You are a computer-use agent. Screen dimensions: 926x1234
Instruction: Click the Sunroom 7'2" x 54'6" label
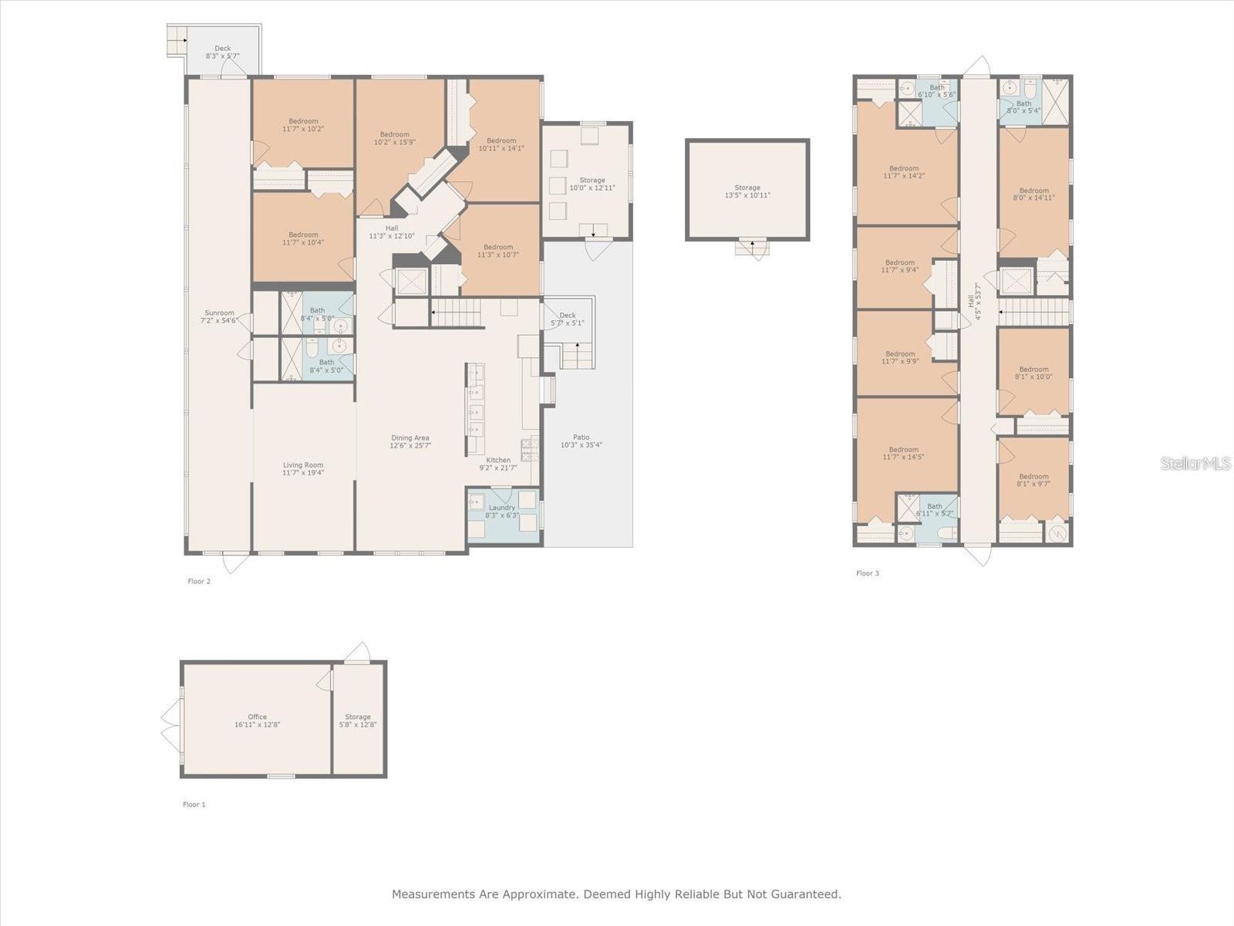click(x=219, y=316)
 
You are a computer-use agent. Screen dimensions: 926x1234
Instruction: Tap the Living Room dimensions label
click(x=303, y=468)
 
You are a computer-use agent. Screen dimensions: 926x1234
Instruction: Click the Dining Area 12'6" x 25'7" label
click(x=410, y=441)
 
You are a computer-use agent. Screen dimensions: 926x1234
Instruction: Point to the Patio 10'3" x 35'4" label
click(x=581, y=441)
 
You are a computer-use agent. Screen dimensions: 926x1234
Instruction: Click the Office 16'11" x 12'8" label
click(x=257, y=721)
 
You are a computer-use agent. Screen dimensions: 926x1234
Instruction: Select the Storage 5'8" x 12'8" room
click(x=358, y=721)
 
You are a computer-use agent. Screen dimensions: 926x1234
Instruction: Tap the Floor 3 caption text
click(x=867, y=573)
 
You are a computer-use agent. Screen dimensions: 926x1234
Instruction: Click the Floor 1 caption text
click(x=194, y=804)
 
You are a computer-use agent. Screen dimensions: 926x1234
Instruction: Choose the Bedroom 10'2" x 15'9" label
click(x=395, y=138)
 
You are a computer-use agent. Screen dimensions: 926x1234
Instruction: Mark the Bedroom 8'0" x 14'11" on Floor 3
click(x=1033, y=194)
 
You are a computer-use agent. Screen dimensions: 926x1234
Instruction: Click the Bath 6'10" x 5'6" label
click(x=936, y=91)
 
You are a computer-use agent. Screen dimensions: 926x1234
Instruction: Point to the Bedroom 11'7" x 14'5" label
click(x=903, y=453)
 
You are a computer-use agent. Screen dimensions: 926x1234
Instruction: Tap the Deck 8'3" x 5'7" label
click(x=222, y=52)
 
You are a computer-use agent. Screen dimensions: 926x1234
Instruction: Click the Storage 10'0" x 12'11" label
click(x=592, y=184)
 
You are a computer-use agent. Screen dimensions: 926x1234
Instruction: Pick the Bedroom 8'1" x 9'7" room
click(x=1033, y=480)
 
